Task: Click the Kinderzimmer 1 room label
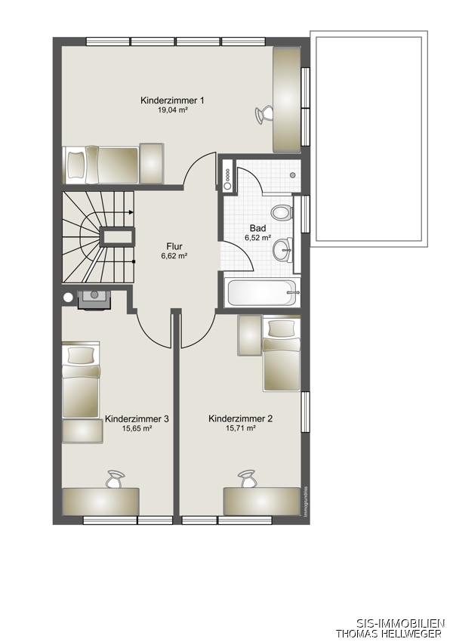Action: click(172, 100)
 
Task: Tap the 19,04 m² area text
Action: click(172, 110)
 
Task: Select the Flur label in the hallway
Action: click(174, 246)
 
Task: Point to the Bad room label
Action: click(257, 228)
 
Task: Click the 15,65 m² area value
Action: click(137, 429)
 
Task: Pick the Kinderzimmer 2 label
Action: click(241, 419)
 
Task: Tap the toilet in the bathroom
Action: click(281, 213)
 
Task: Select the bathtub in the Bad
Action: click(262, 292)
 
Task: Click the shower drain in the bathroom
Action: click(293, 175)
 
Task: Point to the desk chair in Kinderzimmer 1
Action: click(263, 113)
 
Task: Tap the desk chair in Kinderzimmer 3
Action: click(115, 479)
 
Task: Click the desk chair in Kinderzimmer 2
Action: click(246, 479)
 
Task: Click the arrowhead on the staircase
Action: click(131, 212)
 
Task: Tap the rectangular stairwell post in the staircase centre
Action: click(118, 236)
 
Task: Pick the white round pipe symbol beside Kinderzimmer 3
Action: click(68, 298)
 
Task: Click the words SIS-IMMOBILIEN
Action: click(400, 624)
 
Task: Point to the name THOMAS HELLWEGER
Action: click(389, 634)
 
